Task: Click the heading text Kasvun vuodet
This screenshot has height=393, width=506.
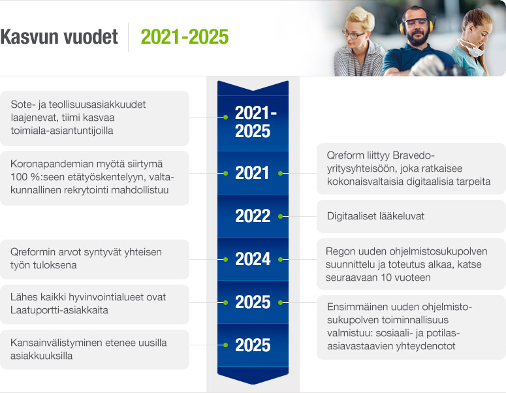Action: tap(59, 37)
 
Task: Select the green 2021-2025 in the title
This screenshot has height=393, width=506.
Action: tap(185, 37)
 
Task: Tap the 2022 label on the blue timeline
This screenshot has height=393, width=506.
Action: tap(253, 216)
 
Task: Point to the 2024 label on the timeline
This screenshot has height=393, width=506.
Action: tap(253, 259)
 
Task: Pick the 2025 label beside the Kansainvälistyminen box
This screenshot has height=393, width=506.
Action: tap(253, 345)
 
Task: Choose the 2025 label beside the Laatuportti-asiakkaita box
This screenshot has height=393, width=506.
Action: tap(253, 302)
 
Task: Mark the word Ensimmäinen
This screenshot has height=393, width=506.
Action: tap(356, 307)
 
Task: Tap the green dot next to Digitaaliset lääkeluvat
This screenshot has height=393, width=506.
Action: tap(280, 216)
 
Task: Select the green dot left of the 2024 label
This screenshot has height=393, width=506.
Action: tap(225, 259)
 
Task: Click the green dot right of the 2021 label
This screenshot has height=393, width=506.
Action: tap(280, 174)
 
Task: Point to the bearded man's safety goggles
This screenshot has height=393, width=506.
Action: tap(417, 29)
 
